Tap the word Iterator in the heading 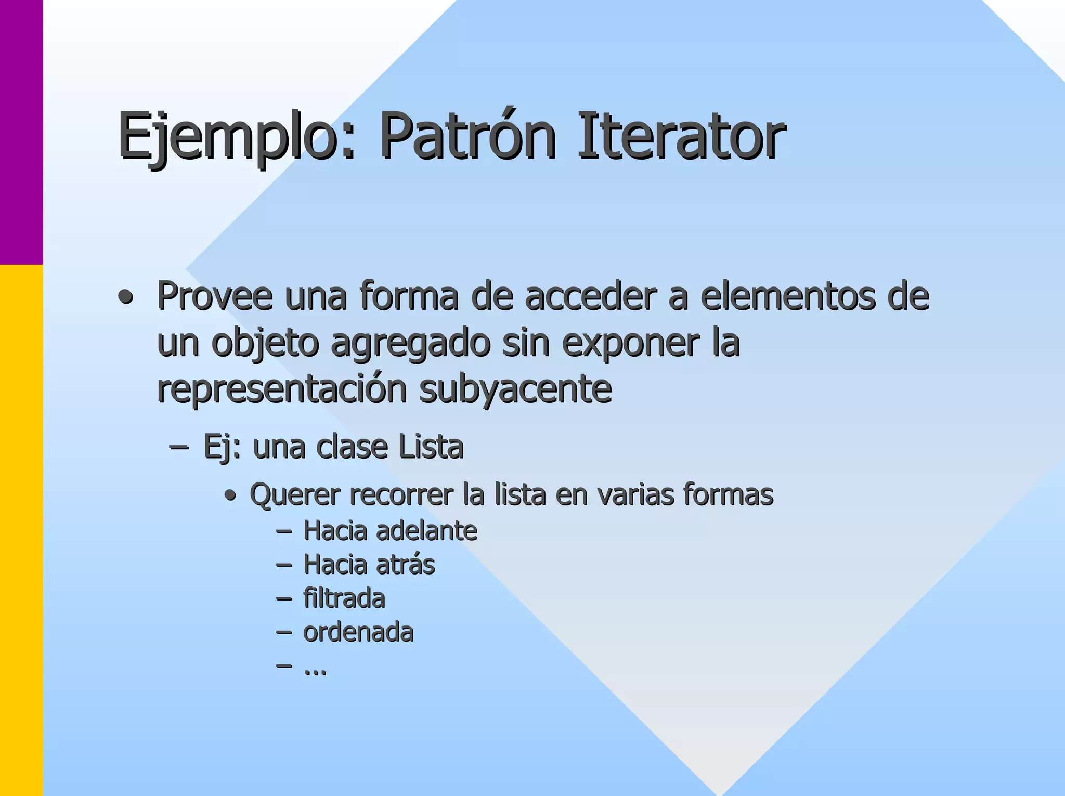pyautogui.click(x=681, y=136)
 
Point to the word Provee pyautogui.click(x=215, y=296)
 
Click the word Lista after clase pyautogui.click(x=430, y=447)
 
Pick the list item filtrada pyautogui.click(x=344, y=598)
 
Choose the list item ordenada pyautogui.click(x=358, y=633)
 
